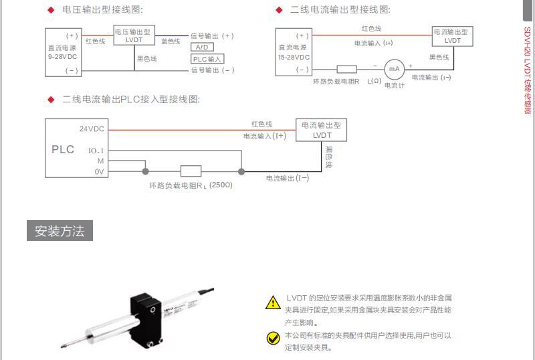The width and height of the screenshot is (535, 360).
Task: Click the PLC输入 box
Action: coord(207,59)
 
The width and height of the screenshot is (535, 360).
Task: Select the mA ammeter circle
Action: coord(394,69)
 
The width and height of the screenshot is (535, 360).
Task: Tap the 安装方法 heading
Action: coord(60,232)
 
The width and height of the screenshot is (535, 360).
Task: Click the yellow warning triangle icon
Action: coord(273,302)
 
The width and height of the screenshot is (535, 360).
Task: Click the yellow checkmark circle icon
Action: coord(273,338)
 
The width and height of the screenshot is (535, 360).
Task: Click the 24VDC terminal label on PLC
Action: coord(92,128)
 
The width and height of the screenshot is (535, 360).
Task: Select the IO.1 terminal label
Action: coord(96,151)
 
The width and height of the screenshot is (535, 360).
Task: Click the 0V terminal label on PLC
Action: coord(99,172)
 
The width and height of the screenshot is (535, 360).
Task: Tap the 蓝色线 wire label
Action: coord(171,41)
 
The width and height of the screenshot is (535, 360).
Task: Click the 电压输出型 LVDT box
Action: coord(134,35)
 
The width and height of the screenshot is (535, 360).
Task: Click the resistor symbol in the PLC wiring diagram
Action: coord(191,171)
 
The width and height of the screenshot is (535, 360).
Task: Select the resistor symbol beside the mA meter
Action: coord(346,68)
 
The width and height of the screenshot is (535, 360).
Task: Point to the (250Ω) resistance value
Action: coord(221,185)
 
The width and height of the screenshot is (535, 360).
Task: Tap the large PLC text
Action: coord(63,149)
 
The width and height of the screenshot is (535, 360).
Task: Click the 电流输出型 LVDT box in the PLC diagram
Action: coord(322,130)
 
